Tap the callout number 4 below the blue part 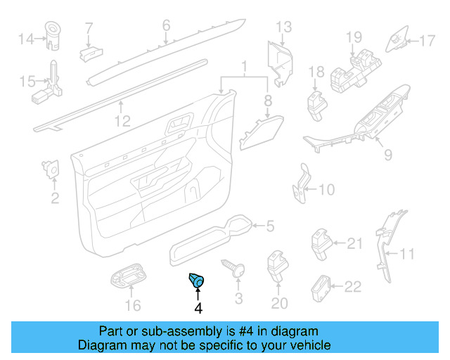click(x=198, y=308)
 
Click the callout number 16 click(x=132, y=305)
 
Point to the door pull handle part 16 click(x=128, y=278)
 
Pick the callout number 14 click(x=25, y=39)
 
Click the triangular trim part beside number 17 click(x=397, y=39)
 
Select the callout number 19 click(x=353, y=37)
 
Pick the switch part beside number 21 click(x=321, y=243)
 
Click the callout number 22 click(x=352, y=286)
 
